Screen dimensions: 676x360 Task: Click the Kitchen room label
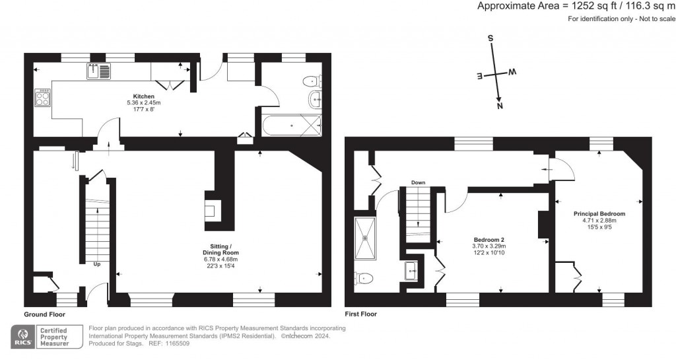click(x=143, y=96)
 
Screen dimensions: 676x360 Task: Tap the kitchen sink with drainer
click(x=98, y=71)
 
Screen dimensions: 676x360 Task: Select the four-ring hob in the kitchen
click(x=43, y=98)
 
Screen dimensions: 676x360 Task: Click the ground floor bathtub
click(x=291, y=126)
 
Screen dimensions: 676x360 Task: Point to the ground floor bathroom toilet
click(x=312, y=81)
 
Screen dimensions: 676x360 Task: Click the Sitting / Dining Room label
click(x=220, y=250)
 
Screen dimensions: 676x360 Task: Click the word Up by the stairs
click(x=97, y=264)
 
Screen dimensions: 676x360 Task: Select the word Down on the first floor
click(x=418, y=182)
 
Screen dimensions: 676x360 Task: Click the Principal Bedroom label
click(x=599, y=213)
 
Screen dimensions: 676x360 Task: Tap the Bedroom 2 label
click(x=489, y=240)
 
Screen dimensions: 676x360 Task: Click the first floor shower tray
click(x=365, y=238)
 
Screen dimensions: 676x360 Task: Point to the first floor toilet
click(x=362, y=279)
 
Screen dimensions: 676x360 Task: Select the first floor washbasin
click(x=411, y=271)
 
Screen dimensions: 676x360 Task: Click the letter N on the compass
click(x=500, y=106)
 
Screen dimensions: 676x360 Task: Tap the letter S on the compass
click(x=490, y=38)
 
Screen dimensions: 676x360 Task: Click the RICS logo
click(x=23, y=337)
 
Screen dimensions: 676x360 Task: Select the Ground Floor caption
click(x=45, y=314)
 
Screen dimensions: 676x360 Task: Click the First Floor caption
click(x=361, y=314)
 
